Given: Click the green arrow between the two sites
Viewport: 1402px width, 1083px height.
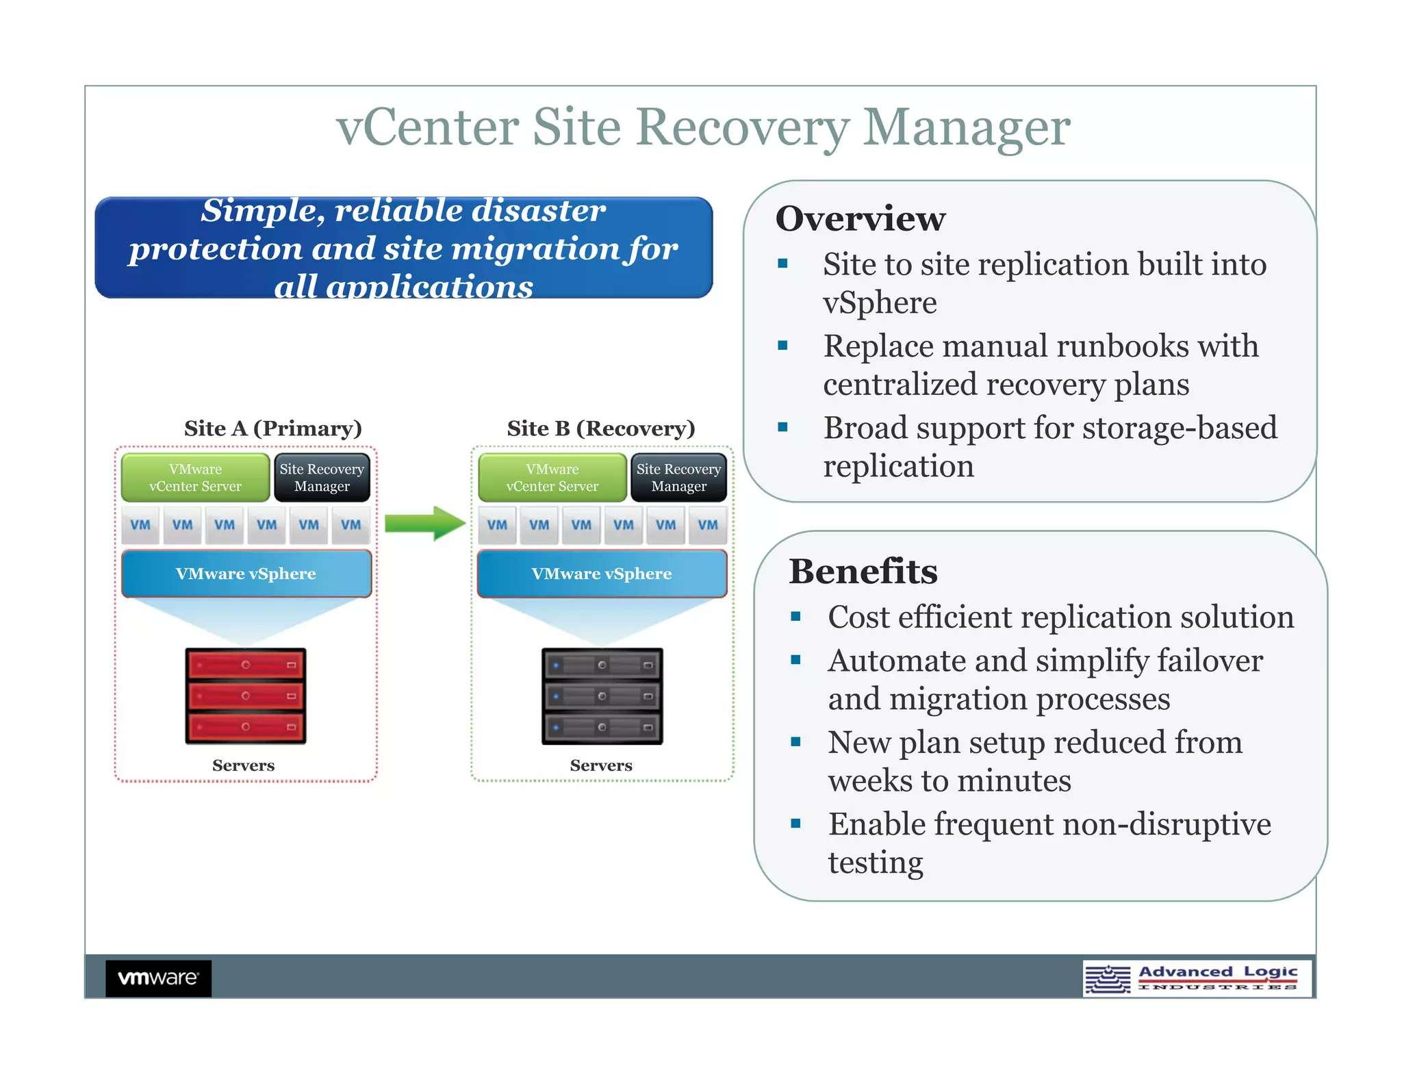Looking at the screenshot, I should pos(424,524).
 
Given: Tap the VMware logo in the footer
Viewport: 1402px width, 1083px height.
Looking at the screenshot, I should pos(158,978).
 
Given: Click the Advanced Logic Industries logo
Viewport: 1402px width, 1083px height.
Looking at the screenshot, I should pos(1197,978).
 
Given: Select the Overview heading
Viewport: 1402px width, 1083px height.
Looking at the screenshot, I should pos(860,219).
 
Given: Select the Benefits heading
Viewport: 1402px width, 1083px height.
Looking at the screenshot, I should pos(863,572).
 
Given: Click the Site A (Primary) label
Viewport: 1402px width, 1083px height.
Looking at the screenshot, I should pos(272,429).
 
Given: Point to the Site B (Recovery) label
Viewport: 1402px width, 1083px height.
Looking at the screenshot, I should pos(600,429).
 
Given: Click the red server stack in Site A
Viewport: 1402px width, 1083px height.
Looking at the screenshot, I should pos(245,696).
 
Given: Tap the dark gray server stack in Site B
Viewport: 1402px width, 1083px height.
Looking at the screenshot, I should pos(602,696).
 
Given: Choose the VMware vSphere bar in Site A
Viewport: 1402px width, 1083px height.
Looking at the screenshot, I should pos(246,574).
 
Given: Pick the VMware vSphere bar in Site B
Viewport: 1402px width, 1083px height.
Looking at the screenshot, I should pos(602,574).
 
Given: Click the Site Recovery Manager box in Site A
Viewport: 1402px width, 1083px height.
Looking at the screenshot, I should pos(322,478).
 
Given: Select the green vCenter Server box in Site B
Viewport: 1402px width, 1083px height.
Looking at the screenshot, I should pos(552,478).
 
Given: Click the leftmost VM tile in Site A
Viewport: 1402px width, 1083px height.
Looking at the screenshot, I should pos(140,525).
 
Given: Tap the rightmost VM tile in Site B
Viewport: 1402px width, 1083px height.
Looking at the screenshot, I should pos(707,525).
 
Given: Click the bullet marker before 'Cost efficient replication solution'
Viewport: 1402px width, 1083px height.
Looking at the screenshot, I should pos(795,617).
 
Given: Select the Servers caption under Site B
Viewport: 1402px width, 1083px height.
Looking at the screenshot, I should pos(601,765).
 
